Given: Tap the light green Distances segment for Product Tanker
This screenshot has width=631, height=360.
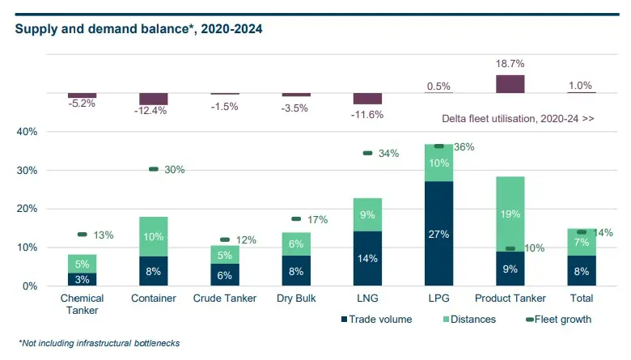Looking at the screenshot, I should pyautogui.click(x=510, y=214).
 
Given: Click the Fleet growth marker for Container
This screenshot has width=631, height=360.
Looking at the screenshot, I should pyautogui.click(x=154, y=169).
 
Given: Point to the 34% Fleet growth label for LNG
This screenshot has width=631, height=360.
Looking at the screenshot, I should pyautogui.click(x=388, y=154).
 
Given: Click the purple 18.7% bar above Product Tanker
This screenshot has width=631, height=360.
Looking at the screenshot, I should pyautogui.click(x=510, y=83).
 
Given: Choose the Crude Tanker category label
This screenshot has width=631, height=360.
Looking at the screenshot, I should pyautogui.click(x=225, y=299).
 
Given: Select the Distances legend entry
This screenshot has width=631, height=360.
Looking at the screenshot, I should pyautogui.click(x=469, y=320).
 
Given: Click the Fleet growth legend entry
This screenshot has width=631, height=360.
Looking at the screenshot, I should pyautogui.click(x=557, y=320).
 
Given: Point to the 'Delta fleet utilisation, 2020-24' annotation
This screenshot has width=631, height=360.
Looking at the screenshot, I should pyautogui.click(x=518, y=118).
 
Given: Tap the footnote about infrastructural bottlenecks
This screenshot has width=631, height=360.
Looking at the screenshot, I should pyautogui.click(x=98, y=343).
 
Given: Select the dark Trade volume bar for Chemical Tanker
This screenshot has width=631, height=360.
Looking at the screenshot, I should pyautogui.click(x=83, y=279).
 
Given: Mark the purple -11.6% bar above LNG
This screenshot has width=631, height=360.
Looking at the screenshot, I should pyautogui.click(x=367, y=99).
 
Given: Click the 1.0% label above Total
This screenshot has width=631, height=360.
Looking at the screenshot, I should pyautogui.click(x=581, y=85).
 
